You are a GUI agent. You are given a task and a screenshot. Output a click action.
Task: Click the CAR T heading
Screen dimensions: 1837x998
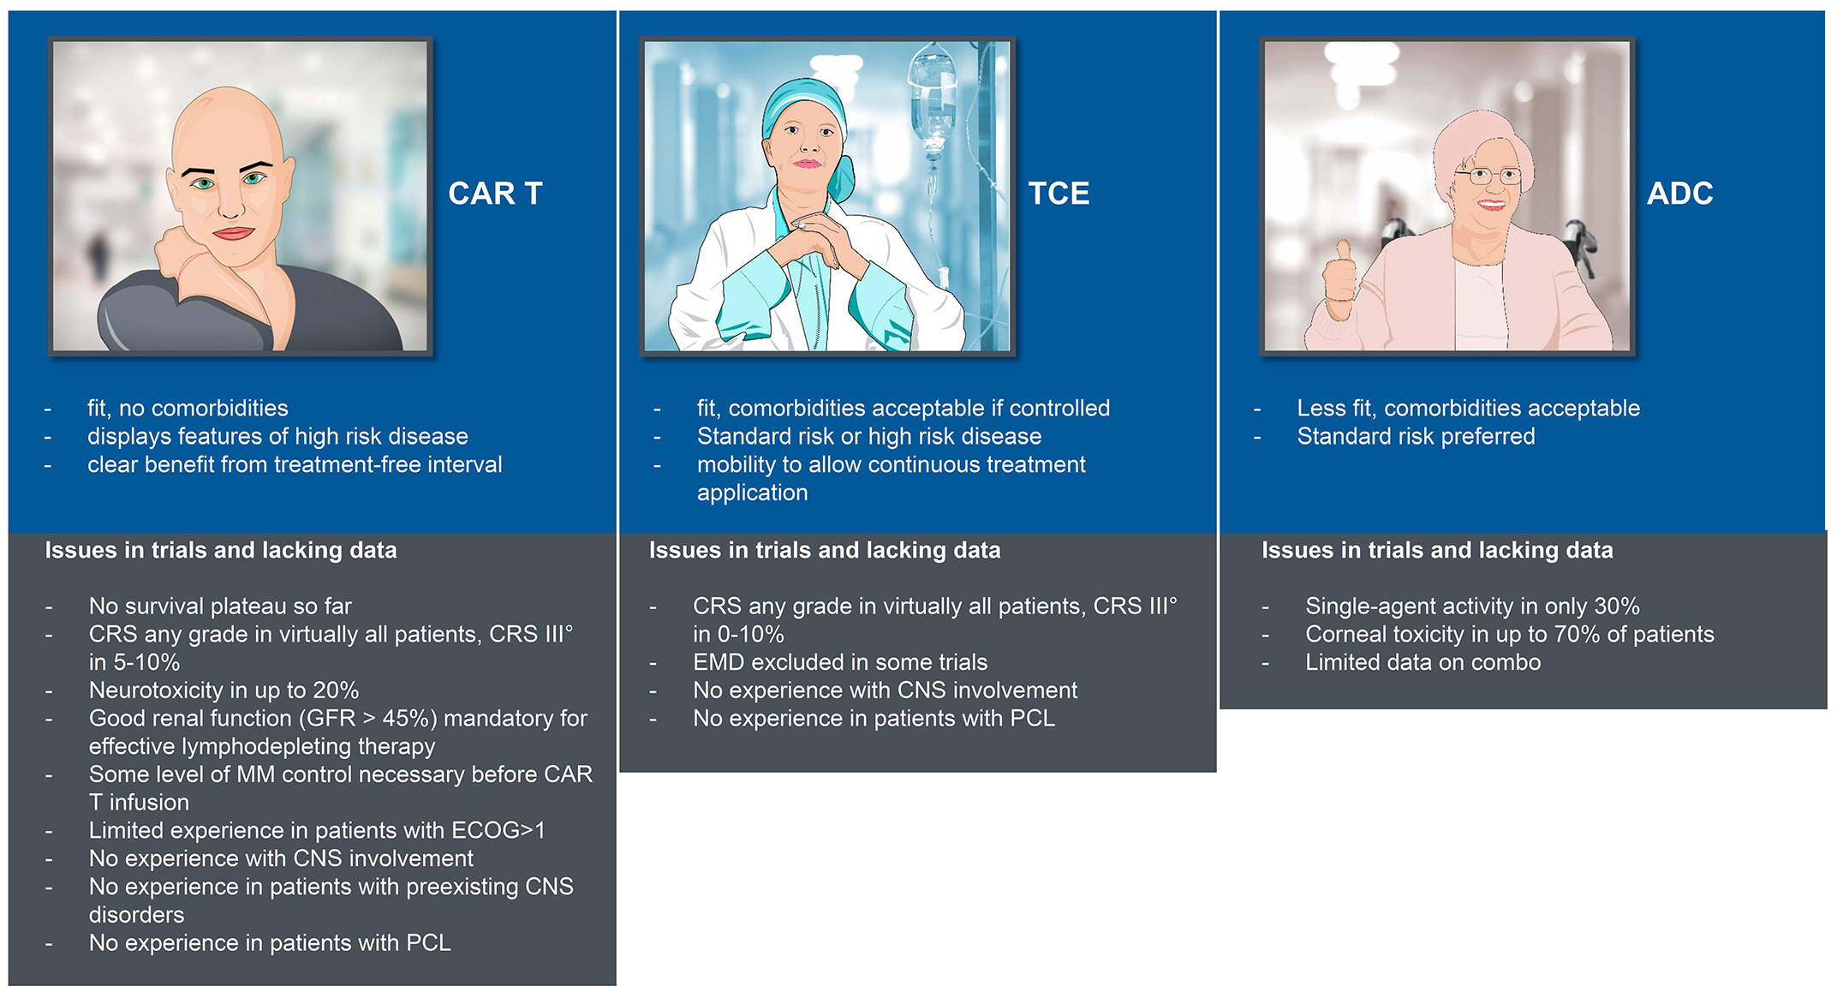click(x=495, y=194)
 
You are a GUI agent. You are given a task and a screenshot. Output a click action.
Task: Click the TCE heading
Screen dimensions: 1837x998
click(x=1059, y=194)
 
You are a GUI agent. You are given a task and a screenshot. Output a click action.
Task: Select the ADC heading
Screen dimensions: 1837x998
click(x=1679, y=194)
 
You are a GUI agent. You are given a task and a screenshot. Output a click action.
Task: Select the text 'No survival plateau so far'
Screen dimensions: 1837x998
click(x=220, y=606)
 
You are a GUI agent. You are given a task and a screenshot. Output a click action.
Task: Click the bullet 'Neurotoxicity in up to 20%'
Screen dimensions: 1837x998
click(x=224, y=690)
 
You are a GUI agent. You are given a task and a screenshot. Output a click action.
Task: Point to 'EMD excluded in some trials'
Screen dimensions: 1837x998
click(x=840, y=662)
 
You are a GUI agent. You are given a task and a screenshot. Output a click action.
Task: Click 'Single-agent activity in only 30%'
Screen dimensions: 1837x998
click(x=1472, y=606)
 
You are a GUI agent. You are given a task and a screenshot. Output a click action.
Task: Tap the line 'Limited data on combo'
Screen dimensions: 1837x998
click(x=1422, y=662)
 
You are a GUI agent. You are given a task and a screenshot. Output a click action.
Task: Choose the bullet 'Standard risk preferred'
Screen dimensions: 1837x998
click(x=1416, y=436)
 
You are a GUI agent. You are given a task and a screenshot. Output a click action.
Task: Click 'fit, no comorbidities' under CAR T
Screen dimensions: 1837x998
click(x=188, y=408)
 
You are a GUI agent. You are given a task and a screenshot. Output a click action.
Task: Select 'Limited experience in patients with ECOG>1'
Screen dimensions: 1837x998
click(x=317, y=830)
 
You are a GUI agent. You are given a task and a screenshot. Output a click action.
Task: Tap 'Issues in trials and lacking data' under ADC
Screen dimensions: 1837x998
click(x=1437, y=550)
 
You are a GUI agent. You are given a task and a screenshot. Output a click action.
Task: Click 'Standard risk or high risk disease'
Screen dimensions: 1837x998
click(x=869, y=436)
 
